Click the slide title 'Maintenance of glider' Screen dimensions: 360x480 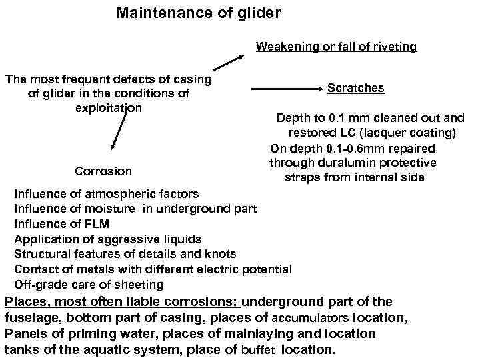click(x=199, y=13)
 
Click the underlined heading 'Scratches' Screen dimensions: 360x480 click(x=356, y=88)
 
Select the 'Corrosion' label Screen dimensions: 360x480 click(x=103, y=171)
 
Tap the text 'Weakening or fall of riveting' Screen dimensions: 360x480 click(x=336, y=46)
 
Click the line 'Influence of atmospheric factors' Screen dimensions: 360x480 click(x=107, y=194)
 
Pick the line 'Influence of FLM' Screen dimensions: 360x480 click(x=61, y=224)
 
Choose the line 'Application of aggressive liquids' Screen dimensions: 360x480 click(x=107, y=239)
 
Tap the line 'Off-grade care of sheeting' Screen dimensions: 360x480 click(x=89, y=285)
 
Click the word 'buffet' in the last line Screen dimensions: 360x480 click(x=257, y=349)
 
